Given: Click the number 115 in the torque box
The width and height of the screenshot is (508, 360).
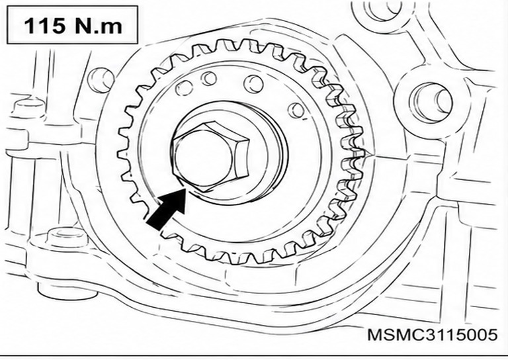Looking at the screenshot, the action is point(45,25).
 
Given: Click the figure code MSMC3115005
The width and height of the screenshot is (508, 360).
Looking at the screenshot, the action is point(433,334).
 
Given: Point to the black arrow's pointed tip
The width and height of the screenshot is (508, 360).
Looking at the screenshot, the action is point(186,189).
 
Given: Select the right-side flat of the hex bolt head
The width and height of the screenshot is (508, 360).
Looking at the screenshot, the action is point(241,157).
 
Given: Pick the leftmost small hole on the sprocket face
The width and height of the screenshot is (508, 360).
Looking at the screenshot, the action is point(184,88).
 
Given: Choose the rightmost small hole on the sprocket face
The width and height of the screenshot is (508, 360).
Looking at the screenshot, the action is point(296,111).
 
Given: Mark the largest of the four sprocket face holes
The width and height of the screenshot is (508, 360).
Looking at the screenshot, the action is point(253,83).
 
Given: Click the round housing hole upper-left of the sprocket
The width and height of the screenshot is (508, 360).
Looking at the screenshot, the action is point(101,80).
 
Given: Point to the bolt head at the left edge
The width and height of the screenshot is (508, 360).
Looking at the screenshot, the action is point(28,109).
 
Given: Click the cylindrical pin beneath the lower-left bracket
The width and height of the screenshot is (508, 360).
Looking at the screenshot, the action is point(67,291).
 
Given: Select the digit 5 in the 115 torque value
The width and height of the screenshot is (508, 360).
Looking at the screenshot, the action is point(57,26).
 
